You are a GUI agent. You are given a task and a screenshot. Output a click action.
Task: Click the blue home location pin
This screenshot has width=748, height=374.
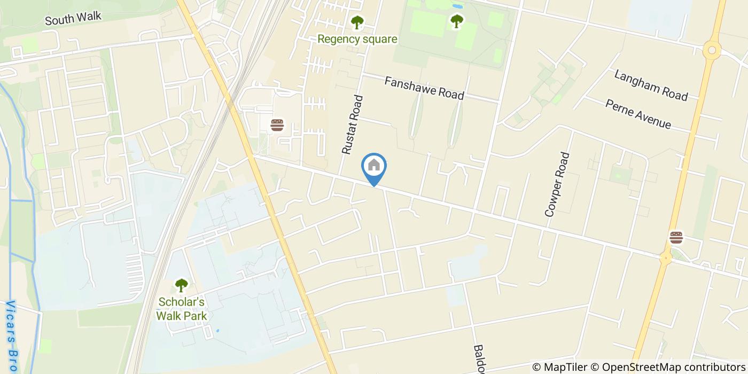[374, 167]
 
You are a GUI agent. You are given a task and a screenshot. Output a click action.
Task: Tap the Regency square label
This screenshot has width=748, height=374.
[357, 39]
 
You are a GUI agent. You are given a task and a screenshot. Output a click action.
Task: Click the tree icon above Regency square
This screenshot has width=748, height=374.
[357, 22]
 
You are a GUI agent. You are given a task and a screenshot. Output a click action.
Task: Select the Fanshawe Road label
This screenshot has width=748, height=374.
[424, 88]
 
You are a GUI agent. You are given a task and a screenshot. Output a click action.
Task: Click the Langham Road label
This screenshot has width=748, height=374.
[651, 85]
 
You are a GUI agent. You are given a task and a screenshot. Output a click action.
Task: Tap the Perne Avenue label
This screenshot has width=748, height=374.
[638, 114]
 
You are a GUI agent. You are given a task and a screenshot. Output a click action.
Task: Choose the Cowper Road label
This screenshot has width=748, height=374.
[558, 185]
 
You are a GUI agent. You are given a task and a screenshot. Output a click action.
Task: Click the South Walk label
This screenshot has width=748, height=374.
[73, 19]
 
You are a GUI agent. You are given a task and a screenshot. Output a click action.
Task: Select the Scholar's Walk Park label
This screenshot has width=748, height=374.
[181, 309]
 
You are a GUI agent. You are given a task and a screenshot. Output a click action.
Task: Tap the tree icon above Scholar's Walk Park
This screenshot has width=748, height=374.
[182, 285]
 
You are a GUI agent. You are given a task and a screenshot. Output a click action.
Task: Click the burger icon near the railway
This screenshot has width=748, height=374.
[277, 125]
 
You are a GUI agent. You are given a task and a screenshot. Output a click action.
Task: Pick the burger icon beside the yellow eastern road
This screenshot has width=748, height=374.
[676, 237]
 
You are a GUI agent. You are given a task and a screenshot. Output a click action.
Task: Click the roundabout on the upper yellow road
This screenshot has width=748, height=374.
[712, 51]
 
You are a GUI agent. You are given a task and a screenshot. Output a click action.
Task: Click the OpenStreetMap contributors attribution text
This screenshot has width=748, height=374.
[673, 367]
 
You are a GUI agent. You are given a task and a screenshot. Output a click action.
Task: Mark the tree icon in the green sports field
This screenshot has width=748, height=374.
[456, 21]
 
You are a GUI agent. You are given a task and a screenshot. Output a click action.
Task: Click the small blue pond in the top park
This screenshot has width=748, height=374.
[457, 6]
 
